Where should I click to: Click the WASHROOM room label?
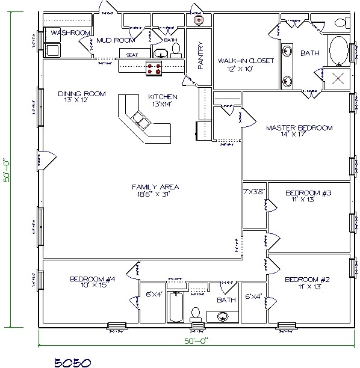tap(70, 32)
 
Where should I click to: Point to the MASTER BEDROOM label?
tap(299, 127)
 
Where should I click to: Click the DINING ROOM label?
tap(82, 94)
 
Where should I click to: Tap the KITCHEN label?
tap(163, 97)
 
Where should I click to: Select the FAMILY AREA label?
tap(155, 187)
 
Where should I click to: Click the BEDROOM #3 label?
tap(308, 193)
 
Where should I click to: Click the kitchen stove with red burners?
tap(154, 68)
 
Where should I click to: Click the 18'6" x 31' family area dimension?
tap(155, 194)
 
